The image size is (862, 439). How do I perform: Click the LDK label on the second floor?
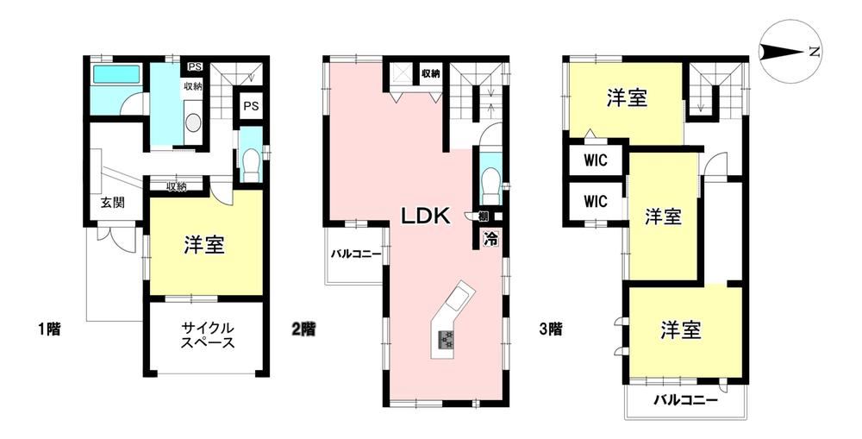[425, 216]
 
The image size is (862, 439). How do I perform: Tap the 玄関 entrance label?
[112, 202]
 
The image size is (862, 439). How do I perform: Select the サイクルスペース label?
[208, 336]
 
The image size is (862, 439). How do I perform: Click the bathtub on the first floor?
[116, 74]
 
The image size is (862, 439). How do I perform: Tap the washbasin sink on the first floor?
[193, 122]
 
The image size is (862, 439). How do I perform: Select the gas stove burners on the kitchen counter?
[446, 339]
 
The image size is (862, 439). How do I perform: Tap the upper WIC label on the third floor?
[596, 160]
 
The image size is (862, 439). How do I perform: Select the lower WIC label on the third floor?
[596, 201]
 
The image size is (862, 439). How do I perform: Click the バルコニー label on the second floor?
[356, 254]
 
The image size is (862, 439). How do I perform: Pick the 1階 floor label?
[49, 329]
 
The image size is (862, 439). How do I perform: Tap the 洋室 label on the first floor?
[204, 246]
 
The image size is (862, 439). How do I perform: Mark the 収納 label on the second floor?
[430, 73]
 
